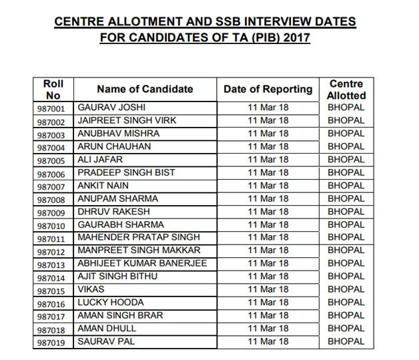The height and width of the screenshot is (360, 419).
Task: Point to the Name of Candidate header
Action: click(x=145, y=89)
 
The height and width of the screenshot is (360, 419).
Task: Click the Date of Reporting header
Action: click(x=268, y=89)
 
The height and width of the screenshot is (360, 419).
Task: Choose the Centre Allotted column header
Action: click(x=346, y=89)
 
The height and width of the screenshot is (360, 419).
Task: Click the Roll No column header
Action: click(x=53, y=89)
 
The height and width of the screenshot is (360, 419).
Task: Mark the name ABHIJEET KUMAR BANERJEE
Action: click(x=142, y=264)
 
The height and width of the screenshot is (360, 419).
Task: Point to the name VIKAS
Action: click(x=91, y=290)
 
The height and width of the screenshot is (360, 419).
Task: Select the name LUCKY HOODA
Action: click(x=111, y=303)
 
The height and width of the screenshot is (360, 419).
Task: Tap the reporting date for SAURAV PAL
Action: click(x=268, y=342)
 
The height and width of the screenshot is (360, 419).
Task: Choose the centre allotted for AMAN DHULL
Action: click(x=346, y=329)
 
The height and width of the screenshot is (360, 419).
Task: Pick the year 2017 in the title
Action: click(x=296, y=37)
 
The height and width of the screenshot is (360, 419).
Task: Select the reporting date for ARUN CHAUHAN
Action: click(x=268, y=146)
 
